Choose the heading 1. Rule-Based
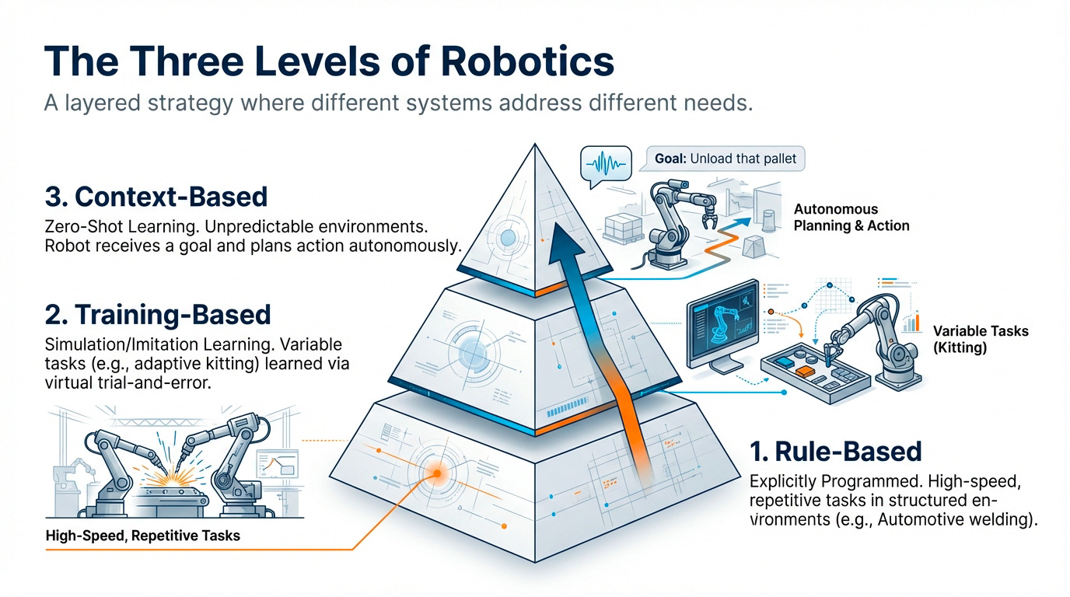coord(836,452)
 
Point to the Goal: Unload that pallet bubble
coord(725,159)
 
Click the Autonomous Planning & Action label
coord(851,217)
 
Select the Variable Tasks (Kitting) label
coord(981,339)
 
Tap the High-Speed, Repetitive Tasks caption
coord(143,535)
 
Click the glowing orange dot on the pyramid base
coord(436,473)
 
